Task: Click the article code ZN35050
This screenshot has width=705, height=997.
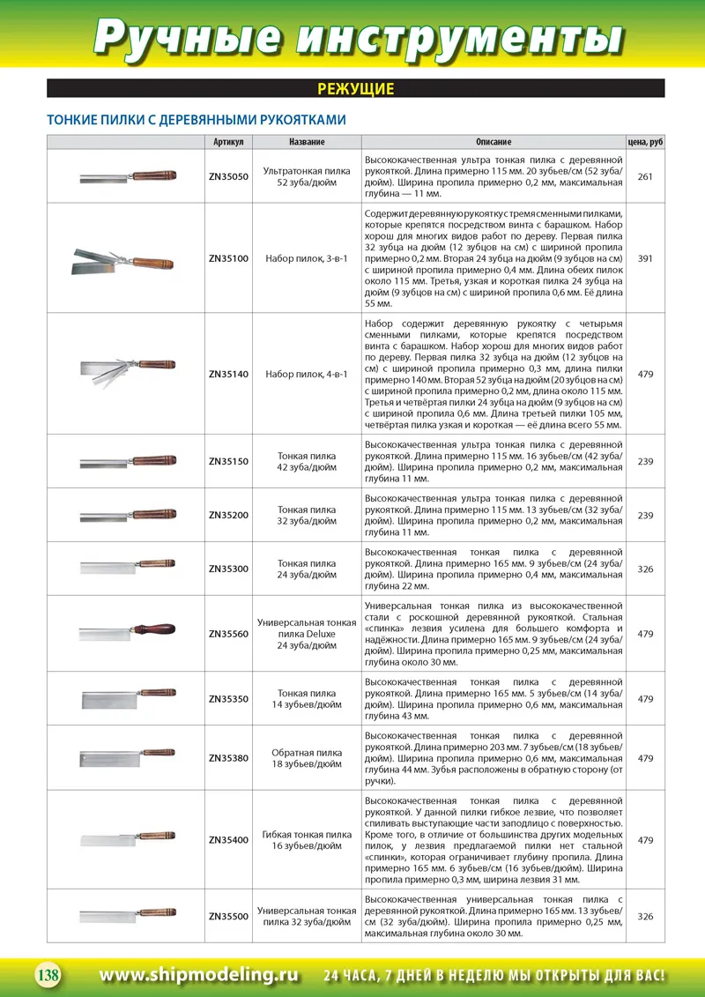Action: pyautogui.click(x=228, y=176)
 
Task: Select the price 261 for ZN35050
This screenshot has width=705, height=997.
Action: pyautogui.click(x=645, y=176)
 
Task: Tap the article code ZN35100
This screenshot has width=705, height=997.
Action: pyautogui.click(x=228, y=258)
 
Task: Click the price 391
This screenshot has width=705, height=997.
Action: pyautogui.click(x=645, y=258)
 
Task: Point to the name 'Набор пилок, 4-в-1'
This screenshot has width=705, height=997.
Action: pyautogui.click(x=307, y=374)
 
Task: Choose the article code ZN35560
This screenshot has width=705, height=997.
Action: pyautogui.click(x=228, y=634)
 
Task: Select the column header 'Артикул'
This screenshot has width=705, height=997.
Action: pyautogui.click(x=228, y=142)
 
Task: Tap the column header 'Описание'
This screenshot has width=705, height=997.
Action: pyautogui.click(x=493, y=142)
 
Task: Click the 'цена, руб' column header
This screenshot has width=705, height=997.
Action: pyautogui.click(x=645, y=142)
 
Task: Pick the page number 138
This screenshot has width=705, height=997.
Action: pyautogui.click(x=47, y=975)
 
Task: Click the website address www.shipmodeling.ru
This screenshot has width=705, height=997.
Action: pyautogui.click(x=199, y=975)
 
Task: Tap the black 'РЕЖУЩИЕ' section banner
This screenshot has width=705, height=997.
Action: pyautogui.click(x=355, y=89)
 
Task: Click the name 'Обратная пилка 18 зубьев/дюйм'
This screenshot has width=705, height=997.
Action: pyautogui.click(x=307, y=758)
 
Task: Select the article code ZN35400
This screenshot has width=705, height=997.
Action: pyautogui.click(x=228, y=840)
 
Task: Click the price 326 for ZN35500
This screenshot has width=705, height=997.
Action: pyautogui.click(x=645, y=917)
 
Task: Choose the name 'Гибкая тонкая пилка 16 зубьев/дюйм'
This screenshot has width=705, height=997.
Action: pyautogui.click(x=307, y=840)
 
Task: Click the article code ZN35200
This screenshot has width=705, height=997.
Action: pyautogui.click(x=228, y=515)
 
